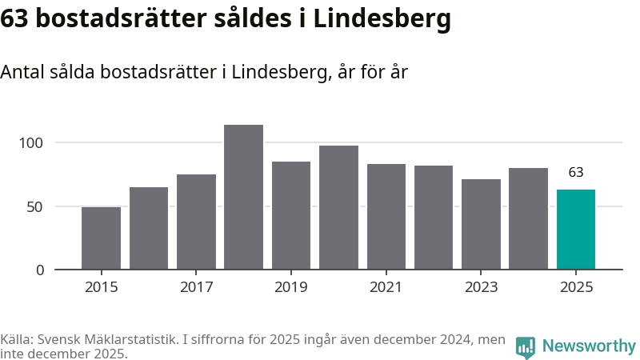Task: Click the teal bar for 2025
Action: click(576, 230)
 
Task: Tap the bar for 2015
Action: click(101, 238)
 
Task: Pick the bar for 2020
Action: click(338, 207)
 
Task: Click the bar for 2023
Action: click(481, 224)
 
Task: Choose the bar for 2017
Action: click(196, 222)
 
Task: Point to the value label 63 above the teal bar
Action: click(576, 172)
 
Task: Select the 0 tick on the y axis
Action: click(39, 270)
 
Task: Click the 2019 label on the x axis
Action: click(291, 287)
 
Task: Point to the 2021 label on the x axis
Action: click(386, 287)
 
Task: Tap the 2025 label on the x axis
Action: click(576, 287)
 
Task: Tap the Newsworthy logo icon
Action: click(526, 347)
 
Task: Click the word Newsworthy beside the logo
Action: click(589, 346)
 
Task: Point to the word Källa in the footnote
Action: click(17, 340)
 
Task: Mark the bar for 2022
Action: click(434, 217)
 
